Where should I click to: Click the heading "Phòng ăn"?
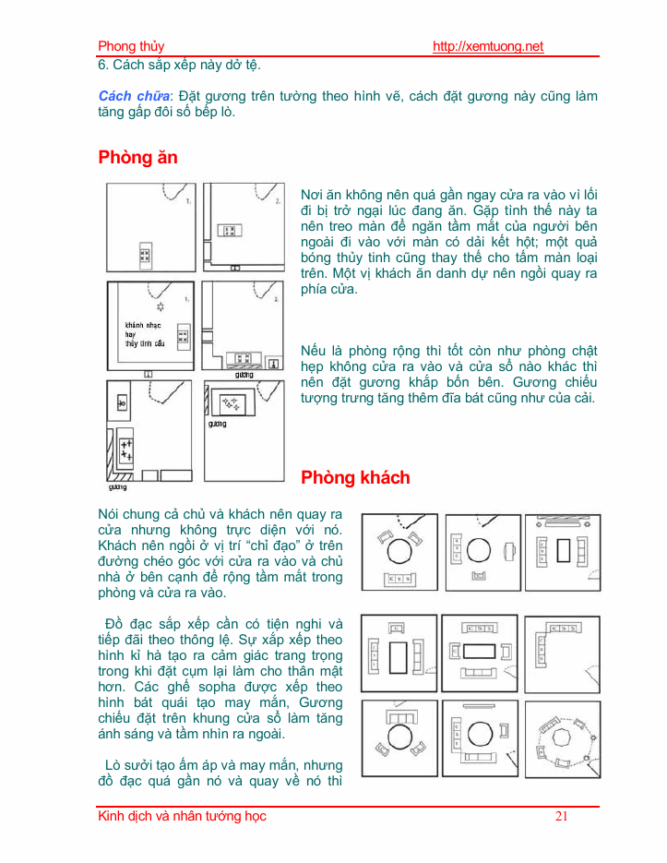137,158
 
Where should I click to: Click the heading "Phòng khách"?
355,478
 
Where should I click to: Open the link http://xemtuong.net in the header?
488,47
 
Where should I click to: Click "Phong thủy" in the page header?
131,47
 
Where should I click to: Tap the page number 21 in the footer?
563,816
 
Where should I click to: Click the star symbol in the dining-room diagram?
161,306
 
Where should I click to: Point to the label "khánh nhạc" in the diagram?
142,326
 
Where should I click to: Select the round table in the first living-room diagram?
401,551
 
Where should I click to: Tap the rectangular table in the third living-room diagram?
563,551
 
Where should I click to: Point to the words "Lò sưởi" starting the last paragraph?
127,766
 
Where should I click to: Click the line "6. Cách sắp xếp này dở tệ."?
179,66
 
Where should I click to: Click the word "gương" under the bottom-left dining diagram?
117,485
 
